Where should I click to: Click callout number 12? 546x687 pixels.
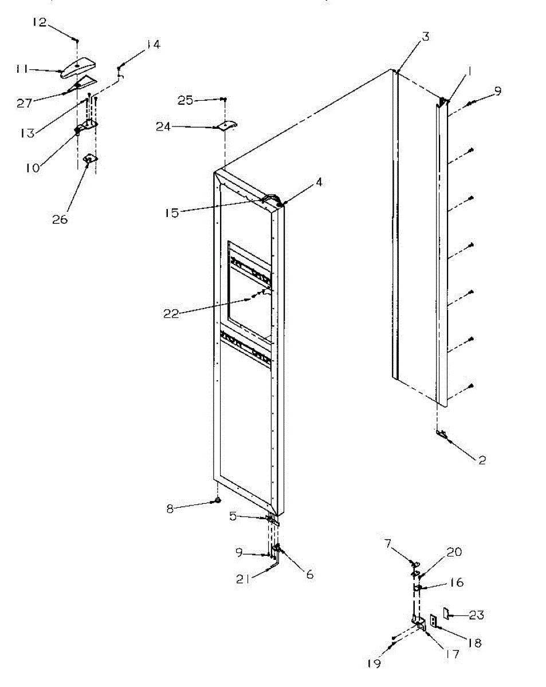[39, 23]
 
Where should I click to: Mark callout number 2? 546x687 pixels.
[482, 460]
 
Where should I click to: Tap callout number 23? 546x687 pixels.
[477, 615]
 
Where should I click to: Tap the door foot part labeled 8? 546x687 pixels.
[218, 501]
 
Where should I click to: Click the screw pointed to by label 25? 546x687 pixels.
[225, 100]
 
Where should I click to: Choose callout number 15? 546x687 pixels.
[172, 213]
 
